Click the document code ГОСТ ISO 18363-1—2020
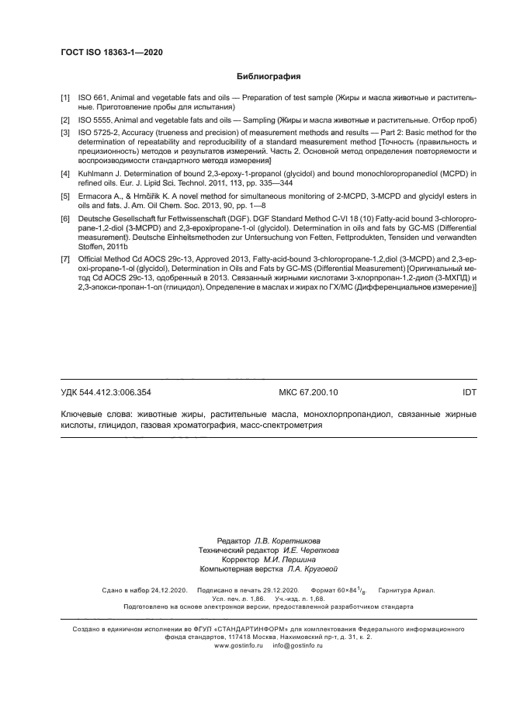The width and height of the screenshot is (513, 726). click(x=112, y=52)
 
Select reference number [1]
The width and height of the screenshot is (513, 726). click(x=65, y=99)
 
